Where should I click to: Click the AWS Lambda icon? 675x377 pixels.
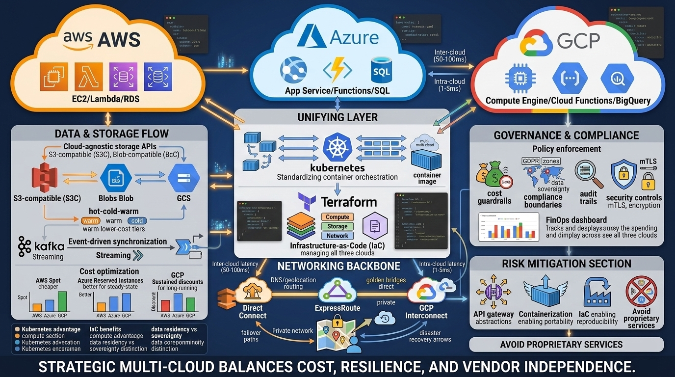89,76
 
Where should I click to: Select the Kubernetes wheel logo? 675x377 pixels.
337,146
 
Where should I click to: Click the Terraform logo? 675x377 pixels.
307,201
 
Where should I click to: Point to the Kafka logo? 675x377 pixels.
25,245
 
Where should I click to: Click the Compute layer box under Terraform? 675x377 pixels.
337,217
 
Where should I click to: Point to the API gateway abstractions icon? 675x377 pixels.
493,293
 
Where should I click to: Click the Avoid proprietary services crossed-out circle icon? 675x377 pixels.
641,292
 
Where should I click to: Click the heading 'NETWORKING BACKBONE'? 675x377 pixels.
338,266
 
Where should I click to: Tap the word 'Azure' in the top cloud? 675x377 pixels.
354,37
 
